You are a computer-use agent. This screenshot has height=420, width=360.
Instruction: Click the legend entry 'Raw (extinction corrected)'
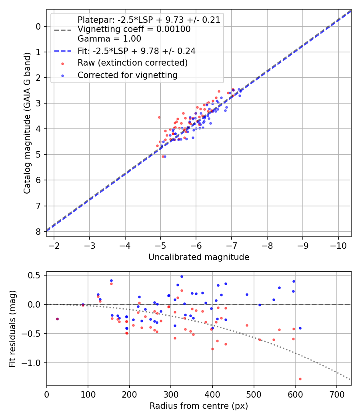pos(132,63)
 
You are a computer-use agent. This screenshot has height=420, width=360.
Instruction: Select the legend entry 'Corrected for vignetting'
pos(127,75)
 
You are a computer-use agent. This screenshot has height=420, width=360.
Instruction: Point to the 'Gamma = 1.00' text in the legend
pos(109,39)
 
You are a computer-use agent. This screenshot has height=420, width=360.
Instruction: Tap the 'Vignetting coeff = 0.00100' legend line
pos(134,29)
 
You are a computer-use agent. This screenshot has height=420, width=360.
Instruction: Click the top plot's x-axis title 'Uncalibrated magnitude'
pos(199,257)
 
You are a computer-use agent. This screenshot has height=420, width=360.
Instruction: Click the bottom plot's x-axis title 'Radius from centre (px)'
pos(199,406)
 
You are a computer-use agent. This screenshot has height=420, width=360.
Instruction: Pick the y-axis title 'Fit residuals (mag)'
pos(12,328)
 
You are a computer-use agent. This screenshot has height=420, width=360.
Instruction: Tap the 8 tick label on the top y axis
pos(38,232)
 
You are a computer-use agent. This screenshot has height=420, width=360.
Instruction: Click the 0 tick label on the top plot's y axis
pos(38,26)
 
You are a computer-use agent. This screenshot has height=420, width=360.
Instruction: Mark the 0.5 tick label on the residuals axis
pos(36,275)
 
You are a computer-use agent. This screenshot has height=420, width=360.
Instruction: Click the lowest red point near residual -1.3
pos(300,379)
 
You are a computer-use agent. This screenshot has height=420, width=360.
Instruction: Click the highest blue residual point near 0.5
pos(182,276)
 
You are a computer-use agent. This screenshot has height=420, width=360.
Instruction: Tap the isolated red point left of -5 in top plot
pos(159,117)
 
